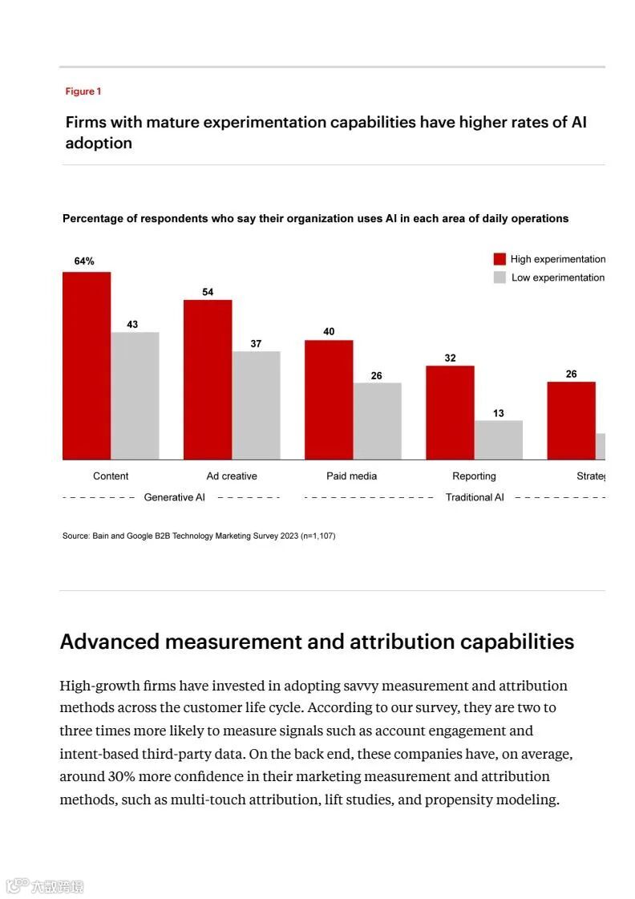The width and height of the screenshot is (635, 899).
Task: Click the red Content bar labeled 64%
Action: [87, 366]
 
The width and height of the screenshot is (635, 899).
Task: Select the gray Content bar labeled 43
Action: [135, 395]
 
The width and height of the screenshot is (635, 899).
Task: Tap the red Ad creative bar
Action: [208, 379]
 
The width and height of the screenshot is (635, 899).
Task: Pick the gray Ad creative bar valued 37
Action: [256, 405]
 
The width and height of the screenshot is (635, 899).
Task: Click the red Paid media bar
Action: [329, 399]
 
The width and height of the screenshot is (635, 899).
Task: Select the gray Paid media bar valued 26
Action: [377, 421]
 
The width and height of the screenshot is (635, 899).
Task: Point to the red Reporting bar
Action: [450, 412]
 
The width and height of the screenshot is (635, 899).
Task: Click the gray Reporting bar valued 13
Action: [498, 439]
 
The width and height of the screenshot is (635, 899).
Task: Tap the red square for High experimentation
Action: [500, 259]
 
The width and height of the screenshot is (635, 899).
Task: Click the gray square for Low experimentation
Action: [500, 277]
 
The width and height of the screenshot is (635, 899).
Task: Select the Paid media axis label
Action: [351, 476]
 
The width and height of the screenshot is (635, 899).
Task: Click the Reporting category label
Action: [474, 476]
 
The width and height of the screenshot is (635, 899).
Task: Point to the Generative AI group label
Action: [174, 497]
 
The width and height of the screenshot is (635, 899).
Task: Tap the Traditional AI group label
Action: [475, 497]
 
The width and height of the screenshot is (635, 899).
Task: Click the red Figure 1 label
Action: [83, 91]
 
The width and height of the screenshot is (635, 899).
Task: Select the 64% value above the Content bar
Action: [84, 261]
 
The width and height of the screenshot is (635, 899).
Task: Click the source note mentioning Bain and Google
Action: [199, 536]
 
